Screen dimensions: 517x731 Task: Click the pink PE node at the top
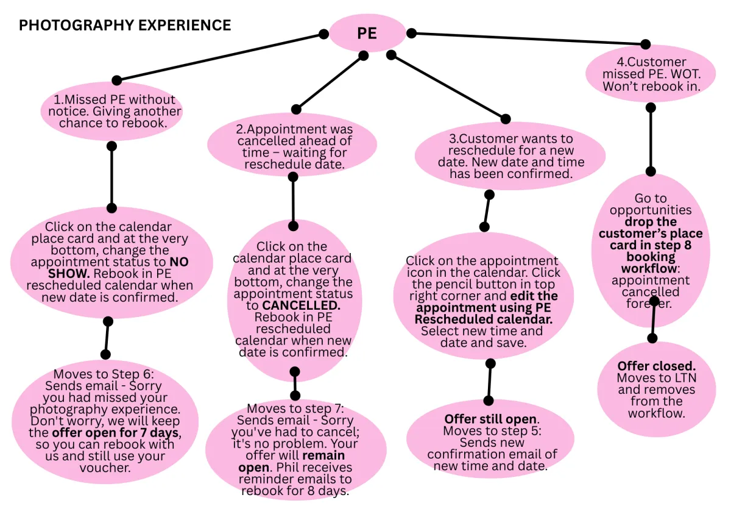[367, 33]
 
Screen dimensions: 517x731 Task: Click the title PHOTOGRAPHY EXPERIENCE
[125, 26]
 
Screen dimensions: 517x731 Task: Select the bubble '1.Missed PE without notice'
[111, 111]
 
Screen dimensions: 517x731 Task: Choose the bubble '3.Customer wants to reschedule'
[510, 156]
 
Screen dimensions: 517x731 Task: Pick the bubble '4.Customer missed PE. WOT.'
[651, 74]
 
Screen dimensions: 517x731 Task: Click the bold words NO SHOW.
[180, 268]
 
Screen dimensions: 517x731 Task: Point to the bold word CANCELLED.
[295, 305]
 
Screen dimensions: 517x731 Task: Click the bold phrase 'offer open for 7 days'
[116, 433]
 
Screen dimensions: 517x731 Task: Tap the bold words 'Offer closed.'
[656, 366]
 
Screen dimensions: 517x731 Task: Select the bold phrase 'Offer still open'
[490, 419]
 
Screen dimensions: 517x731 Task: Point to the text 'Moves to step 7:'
[295, 408]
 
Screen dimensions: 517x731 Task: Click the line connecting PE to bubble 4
[529, 38]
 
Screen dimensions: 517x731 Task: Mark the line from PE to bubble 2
[330, 83]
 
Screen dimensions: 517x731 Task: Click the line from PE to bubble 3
[448, 87]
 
